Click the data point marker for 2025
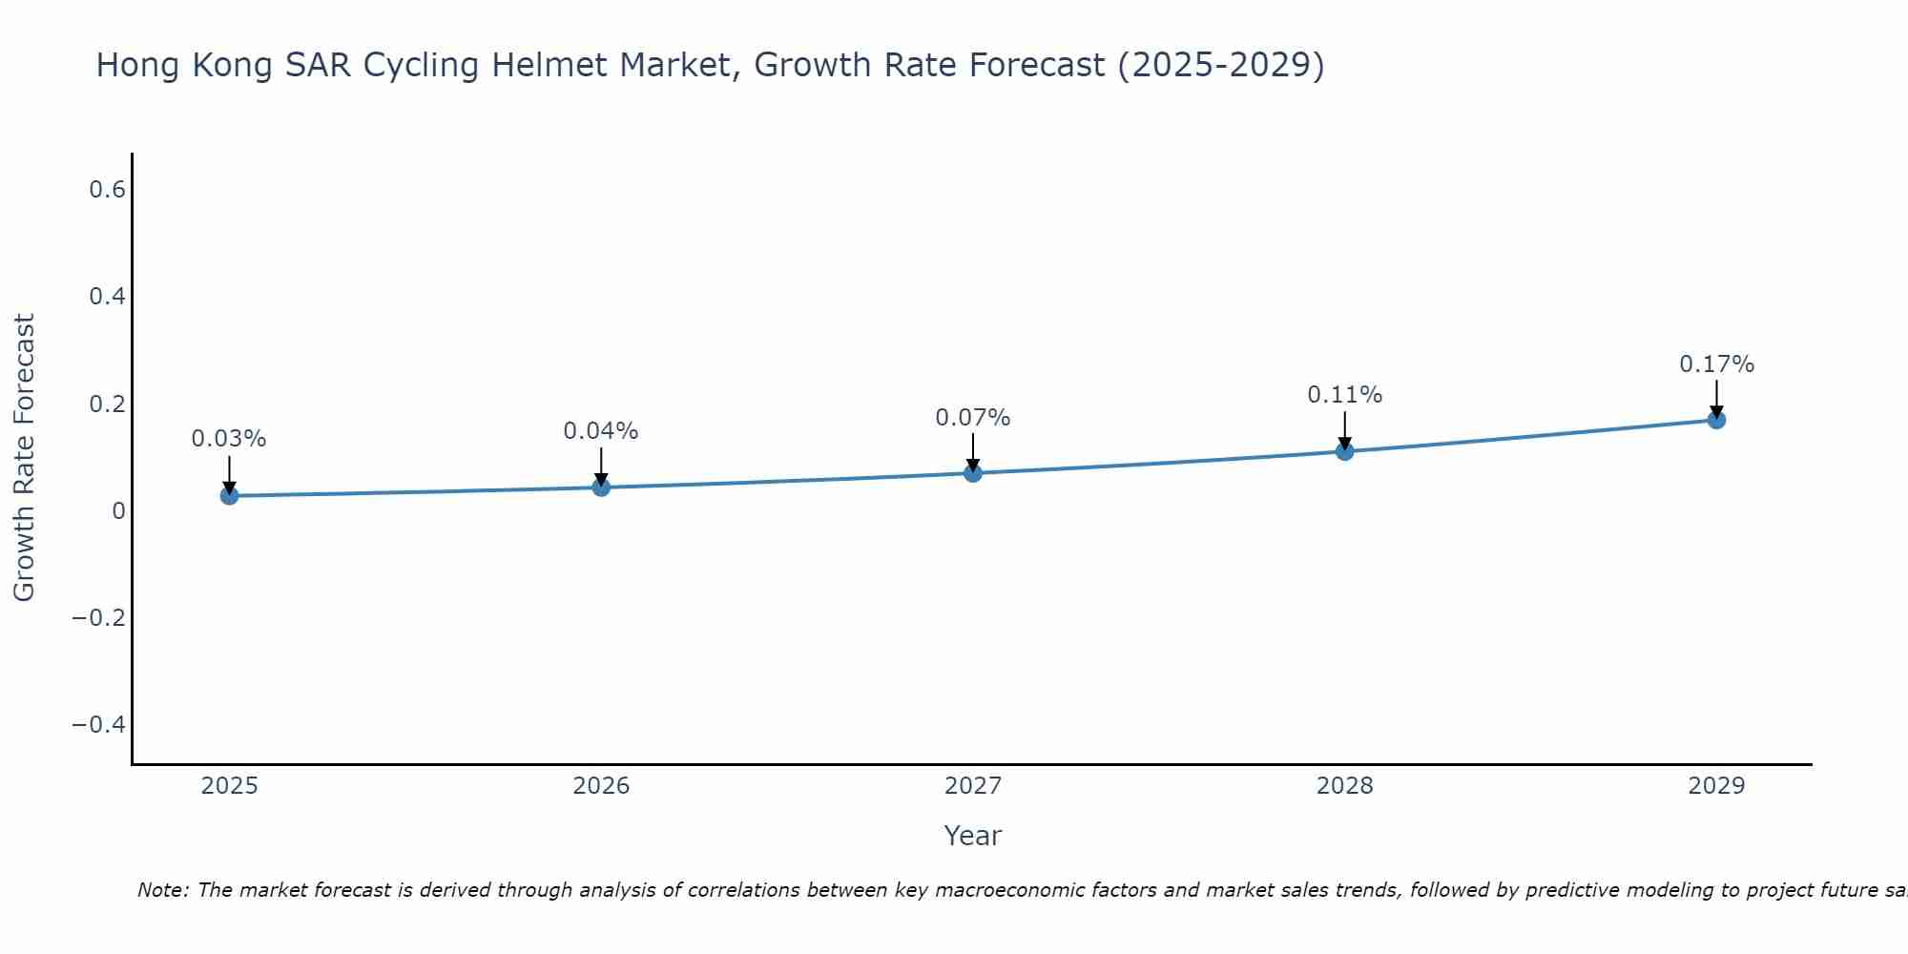click(229, 495)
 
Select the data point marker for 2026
click(601, 487)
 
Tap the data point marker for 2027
click(973, 472)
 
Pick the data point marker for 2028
click(1344, 451)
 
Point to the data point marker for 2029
click(1716, 420)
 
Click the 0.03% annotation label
click(229, 439)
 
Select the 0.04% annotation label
click(601, 431)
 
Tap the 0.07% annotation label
click(973, 418)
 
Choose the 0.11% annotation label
click(1344, 395)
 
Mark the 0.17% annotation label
click(1716, 364)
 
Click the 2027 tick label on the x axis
click(973, 786)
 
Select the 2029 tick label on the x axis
click(1716, 786)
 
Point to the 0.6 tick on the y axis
click(107, 190)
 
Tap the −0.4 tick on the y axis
click(99, 725)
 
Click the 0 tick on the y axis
click(118, 511)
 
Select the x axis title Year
click(973, 837)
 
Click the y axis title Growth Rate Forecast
click(25, 458)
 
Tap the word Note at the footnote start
click(162, 891)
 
